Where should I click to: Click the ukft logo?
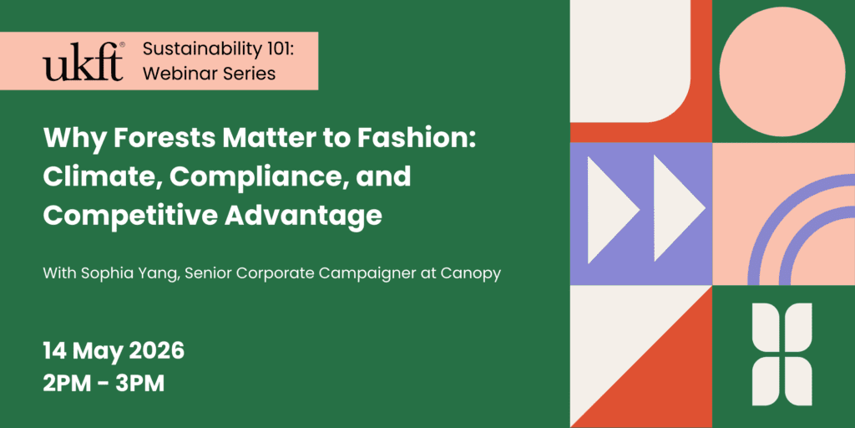[x=83, y=60]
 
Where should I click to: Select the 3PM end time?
[x=139, y=384]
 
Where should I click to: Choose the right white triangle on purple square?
[x=675, y=209]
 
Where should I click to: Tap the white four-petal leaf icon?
[x=782, y=354]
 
